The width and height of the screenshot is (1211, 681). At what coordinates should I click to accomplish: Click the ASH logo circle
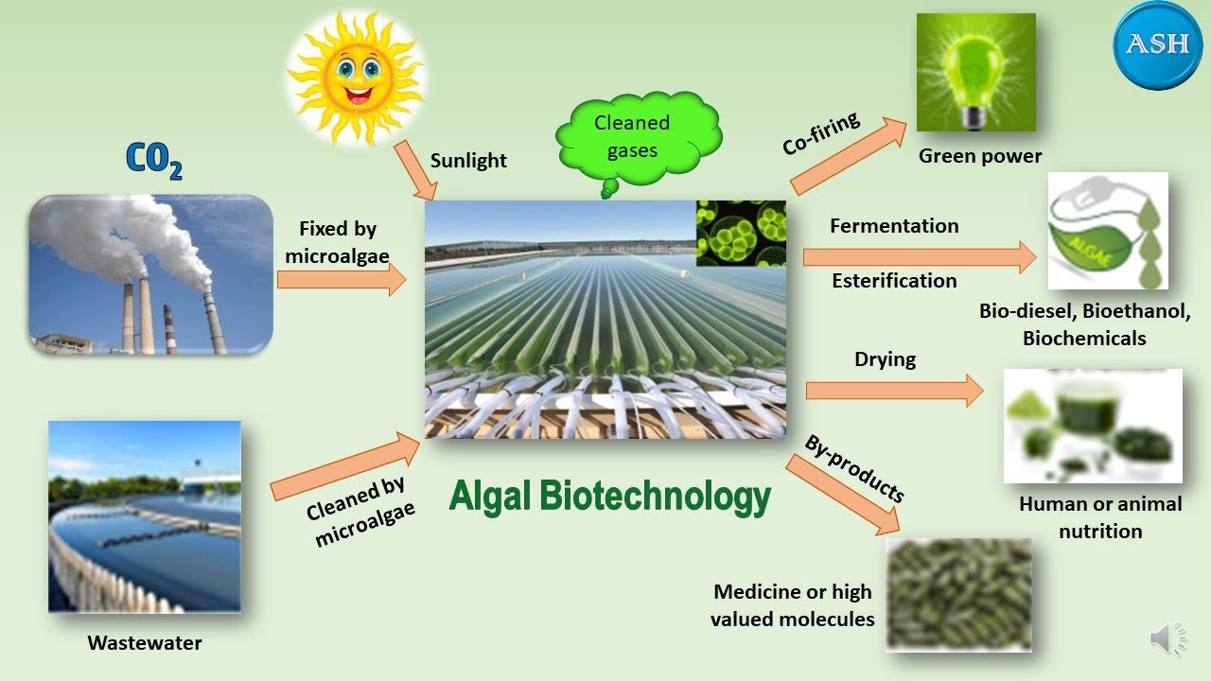1157,45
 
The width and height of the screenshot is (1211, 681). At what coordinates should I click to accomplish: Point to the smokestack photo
150,274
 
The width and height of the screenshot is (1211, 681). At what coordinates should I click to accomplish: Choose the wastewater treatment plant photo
145,516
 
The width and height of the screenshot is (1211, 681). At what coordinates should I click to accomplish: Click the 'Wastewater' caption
145,643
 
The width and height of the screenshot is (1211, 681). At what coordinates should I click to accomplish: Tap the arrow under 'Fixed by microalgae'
342,280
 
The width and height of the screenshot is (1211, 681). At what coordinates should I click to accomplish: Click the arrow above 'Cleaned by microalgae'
345,465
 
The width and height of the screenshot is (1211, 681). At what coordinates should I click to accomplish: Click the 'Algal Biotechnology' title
610,496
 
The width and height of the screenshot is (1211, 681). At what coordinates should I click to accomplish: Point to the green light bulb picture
975,72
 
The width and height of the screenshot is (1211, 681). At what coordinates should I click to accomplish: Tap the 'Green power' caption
980,156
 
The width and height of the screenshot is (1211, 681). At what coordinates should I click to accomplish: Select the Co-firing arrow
848,155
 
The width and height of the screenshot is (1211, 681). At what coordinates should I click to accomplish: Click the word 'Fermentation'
894,226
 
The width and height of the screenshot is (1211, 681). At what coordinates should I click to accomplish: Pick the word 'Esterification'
894,281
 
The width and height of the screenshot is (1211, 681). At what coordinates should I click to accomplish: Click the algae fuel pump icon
1108,230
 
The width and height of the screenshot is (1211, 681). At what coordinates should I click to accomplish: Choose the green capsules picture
958,594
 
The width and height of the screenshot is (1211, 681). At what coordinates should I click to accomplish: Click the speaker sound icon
1167,639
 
